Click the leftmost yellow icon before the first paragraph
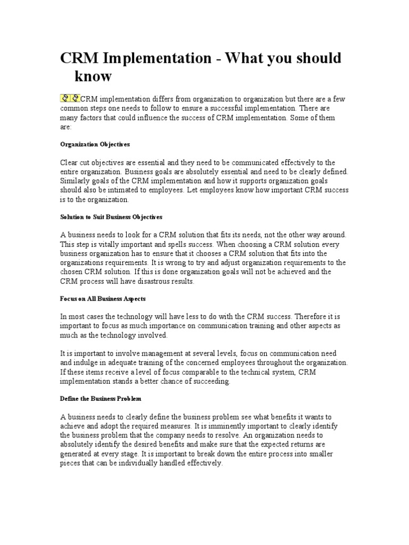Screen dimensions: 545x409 (66, 98)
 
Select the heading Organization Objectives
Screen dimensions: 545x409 (95, 144)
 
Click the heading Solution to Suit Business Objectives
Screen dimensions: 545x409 (111, 217)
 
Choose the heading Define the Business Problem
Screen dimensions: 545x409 (101, 398)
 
